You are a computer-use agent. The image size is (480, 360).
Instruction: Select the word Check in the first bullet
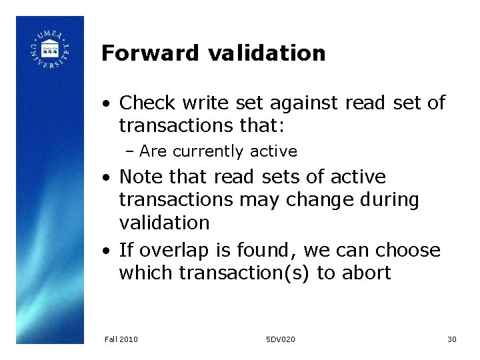147,103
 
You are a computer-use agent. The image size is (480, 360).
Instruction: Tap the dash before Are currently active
130,152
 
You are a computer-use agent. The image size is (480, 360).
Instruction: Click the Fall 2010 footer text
121,339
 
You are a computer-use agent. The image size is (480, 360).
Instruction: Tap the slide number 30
451,339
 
